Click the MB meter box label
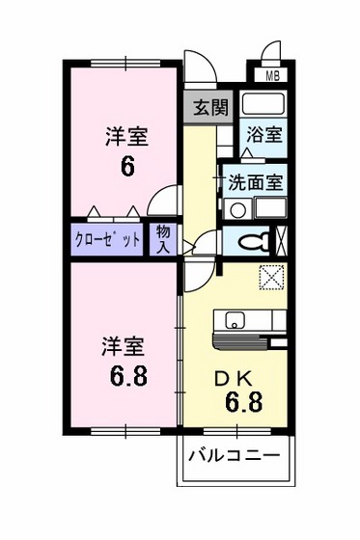(272, 74)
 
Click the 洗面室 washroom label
(255, 180)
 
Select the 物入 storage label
(164, 239)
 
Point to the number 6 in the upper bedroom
(126, 165)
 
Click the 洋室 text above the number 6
(126, 137)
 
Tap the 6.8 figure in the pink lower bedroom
(126, 373)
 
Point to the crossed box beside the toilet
(282, 238)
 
